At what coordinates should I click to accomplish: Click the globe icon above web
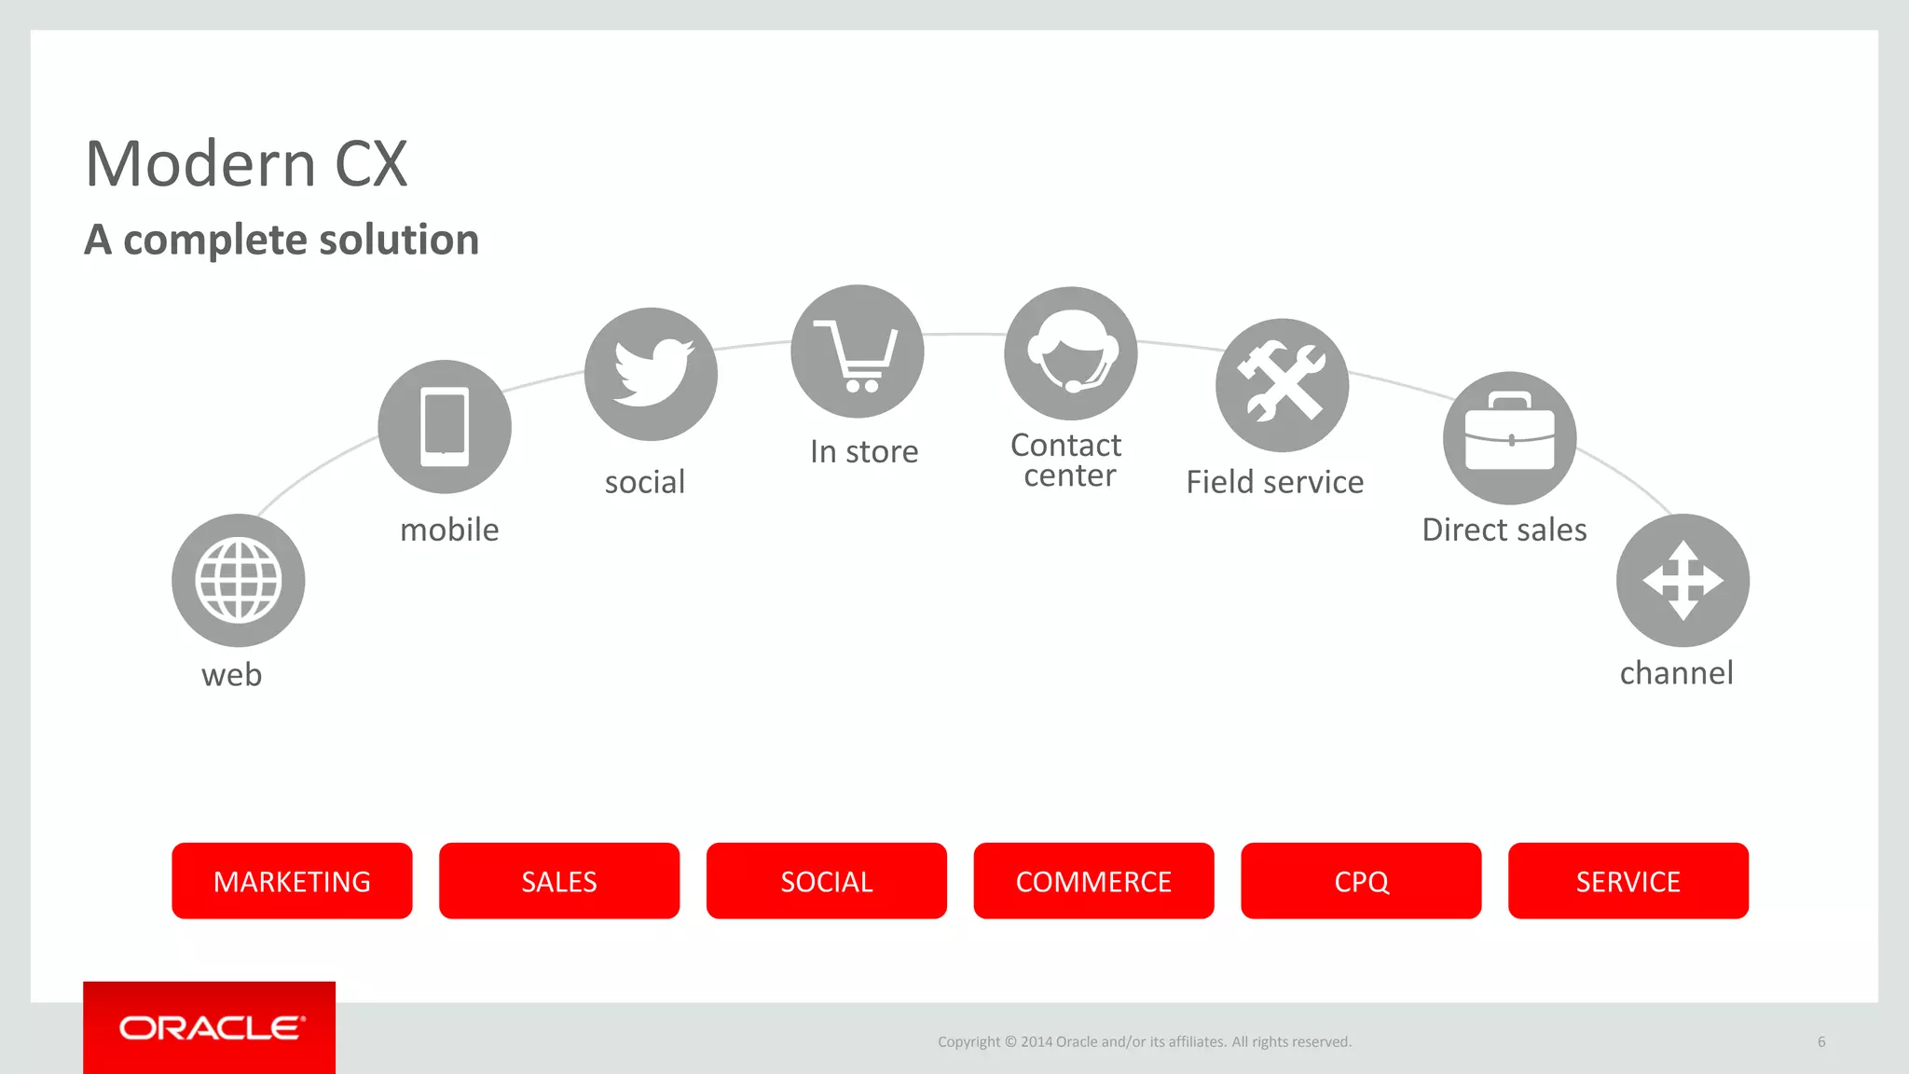[239, 580]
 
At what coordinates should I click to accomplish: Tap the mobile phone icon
[445, 427]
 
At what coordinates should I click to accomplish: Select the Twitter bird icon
[652, 374]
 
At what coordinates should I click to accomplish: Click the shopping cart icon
[858, 352]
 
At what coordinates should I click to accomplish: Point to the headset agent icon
[1071, 353]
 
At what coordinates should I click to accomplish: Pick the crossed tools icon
[1283, 385]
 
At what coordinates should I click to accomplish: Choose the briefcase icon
[1510, 438]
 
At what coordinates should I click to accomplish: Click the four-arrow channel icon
[1682, 580]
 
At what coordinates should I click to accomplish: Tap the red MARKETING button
[292, 881]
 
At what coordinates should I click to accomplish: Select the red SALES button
[559, 881]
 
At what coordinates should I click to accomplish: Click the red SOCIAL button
[827, 881]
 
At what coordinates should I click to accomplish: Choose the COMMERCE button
[1093, 881]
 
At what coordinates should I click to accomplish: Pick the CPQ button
[1361, 881]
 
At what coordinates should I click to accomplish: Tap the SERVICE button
[1628, 881]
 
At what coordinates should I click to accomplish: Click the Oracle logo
[211, 1027]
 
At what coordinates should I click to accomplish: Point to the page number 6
[1821, 1041]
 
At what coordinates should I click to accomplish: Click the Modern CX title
[247, 164]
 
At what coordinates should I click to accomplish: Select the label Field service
[1274, 482]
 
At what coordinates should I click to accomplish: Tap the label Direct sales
[1504, 530]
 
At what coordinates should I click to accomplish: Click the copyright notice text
[1144, 1041]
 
